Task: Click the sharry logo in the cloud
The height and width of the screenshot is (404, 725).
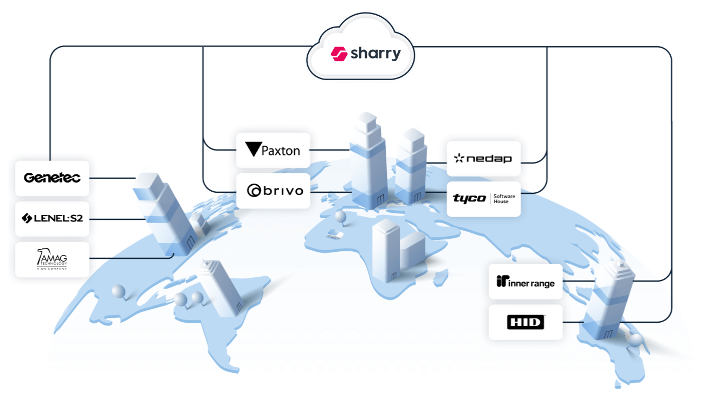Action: [x=366, y=54]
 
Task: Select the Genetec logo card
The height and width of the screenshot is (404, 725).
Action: [x=52, y=178]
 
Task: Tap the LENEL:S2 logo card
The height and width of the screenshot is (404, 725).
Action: [x=52, y=218]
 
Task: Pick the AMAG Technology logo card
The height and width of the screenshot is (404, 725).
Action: [x=52, y=259]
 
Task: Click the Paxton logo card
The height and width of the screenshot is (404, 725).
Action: [x=273, y=150]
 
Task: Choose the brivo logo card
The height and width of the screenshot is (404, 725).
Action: [x=273, y=191]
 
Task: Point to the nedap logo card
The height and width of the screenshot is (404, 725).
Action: [x=483, y=158]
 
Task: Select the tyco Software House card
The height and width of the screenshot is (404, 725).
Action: [x=483, y=199]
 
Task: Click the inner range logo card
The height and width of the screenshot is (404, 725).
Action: [x=525, y=282]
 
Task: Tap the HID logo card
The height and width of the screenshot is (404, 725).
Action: [x=525, y=322]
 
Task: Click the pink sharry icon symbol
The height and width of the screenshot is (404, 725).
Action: [x=339, y=54]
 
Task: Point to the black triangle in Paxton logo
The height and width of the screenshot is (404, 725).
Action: [x=253, y=149]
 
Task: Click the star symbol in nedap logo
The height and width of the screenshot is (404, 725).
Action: [x=459, y=158]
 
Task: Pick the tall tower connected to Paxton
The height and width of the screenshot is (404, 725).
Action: [x=367, y=162]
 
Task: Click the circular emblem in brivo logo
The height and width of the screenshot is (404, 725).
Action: [x=255, y=191]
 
